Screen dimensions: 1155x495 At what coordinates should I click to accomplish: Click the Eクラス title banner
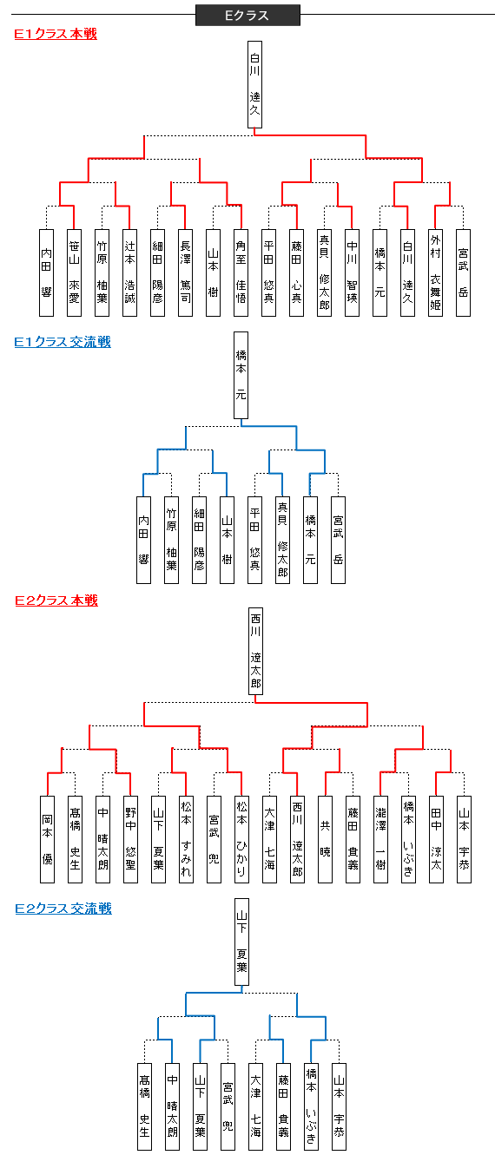tap(247, 16)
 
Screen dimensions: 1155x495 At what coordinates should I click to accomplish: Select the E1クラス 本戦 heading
tap(56, 34)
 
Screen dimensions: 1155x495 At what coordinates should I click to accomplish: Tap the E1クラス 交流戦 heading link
tap(63, 342)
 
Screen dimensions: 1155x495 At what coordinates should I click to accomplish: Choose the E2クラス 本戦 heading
tap(56, 600)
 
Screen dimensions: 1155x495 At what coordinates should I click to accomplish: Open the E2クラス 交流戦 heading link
tap(63, 909)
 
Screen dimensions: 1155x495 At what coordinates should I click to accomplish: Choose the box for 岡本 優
tap(47, 839)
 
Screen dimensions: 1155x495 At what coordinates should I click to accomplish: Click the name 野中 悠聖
tap(130, 839)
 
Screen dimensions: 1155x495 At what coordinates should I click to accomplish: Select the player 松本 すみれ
tap(186, 839)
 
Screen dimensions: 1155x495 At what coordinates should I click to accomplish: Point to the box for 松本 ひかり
tap(241, 839)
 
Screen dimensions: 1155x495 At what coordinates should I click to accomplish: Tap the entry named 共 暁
tap(325, 839)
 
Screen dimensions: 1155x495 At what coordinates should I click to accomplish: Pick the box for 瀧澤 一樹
tap(380, 839)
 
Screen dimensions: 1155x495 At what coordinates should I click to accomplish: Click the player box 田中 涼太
tap(436, 839)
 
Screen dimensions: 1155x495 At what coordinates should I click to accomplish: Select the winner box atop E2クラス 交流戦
tap(241, 943)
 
